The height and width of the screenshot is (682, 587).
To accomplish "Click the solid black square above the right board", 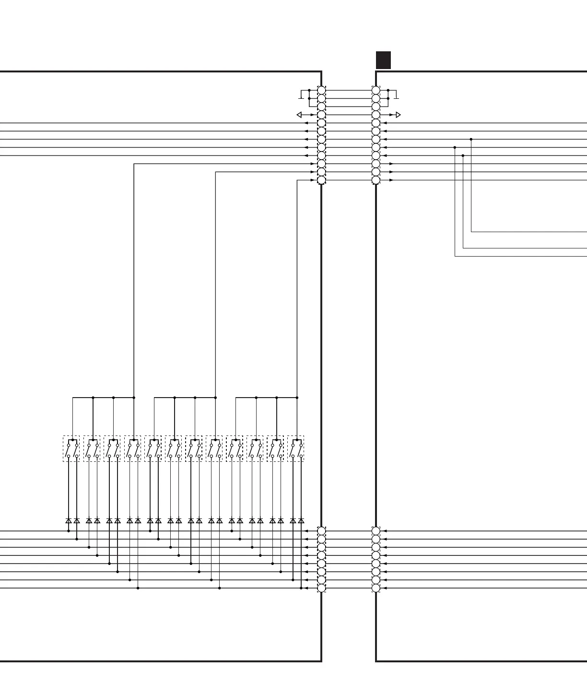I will tap(383, 60).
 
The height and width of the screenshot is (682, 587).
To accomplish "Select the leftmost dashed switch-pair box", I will tap(71, 449).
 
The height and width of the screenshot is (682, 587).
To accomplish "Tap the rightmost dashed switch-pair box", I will tap(296, 449).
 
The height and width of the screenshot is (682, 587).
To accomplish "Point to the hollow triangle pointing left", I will tap(299, 115).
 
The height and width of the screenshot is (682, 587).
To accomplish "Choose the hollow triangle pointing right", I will tap(398, 115).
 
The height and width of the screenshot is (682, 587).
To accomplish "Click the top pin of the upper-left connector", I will tap(321, 91).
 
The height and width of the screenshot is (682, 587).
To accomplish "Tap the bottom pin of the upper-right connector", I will tap(376, 180).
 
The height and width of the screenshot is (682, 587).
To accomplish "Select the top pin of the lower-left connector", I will tap(321, 531).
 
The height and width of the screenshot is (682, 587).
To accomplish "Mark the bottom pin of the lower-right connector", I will tap(376, 588).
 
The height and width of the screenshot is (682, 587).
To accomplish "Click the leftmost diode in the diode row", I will tap(69, 520).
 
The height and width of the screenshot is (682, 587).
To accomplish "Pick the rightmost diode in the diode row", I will tap(301, 520).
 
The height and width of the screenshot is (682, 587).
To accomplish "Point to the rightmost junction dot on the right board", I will tap(471, 140).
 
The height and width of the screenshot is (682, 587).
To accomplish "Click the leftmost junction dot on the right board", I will tap(455, 148).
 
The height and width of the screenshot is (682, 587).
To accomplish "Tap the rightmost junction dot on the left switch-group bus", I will tap(134, 398).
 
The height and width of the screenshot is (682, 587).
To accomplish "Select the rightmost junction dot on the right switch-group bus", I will tap(297, 398).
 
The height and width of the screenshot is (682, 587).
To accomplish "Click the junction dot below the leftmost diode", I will tap(69, 531).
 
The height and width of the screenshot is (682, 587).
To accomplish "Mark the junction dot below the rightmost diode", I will tap(301, 588).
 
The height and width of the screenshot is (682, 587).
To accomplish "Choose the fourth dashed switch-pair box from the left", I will tap(133, 449).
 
